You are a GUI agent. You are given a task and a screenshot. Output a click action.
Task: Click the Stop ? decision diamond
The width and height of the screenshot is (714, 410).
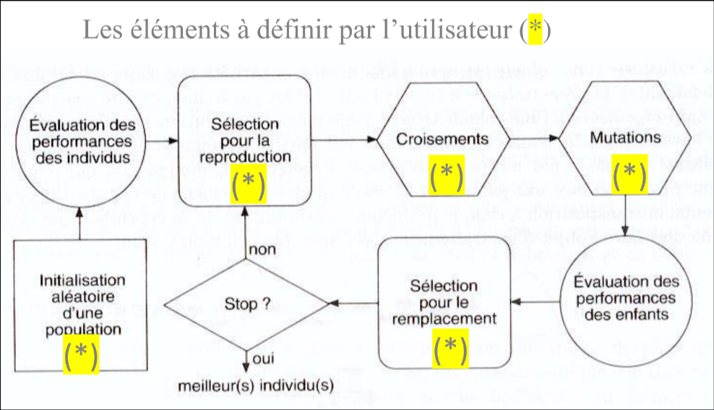point(244,304)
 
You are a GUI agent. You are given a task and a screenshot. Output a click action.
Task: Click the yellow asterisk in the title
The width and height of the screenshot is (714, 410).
point(535,31)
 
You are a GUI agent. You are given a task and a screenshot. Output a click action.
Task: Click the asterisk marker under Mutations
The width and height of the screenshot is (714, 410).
point(629,175)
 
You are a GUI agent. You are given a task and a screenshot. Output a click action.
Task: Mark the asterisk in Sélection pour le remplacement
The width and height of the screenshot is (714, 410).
point(450,348)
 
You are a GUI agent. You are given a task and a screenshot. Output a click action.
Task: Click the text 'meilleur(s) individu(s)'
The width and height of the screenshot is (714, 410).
point(255,384)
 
